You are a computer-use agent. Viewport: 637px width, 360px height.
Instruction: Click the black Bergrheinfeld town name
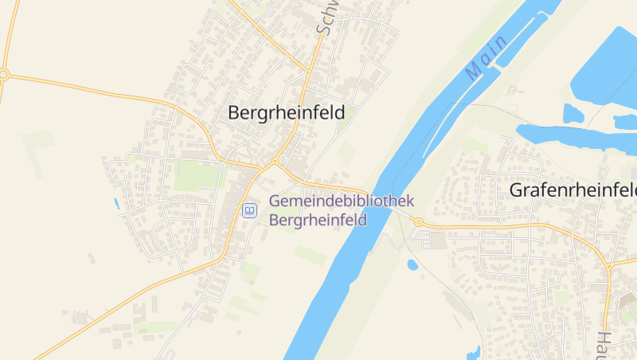[287, 113]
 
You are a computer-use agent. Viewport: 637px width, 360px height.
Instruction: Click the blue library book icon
[249, 211]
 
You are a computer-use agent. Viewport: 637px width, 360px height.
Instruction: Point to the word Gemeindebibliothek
[342, 202]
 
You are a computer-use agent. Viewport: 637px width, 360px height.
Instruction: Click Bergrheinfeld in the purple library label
[318, 220]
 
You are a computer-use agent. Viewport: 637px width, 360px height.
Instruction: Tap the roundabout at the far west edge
[3, 75]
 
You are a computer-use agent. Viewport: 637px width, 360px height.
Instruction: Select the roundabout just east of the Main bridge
[419, 222]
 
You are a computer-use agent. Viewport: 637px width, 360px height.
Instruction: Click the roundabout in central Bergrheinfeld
[275, 162]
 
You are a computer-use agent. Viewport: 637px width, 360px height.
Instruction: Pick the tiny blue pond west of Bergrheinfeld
[116, 203]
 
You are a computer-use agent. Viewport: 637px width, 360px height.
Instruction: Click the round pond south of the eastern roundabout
[412, 264]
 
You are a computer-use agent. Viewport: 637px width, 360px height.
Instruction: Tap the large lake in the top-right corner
[605, 64]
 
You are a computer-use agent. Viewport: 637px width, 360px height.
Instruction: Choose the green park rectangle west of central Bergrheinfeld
[196, 177]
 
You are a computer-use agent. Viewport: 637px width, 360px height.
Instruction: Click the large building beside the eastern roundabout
[436, 240]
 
